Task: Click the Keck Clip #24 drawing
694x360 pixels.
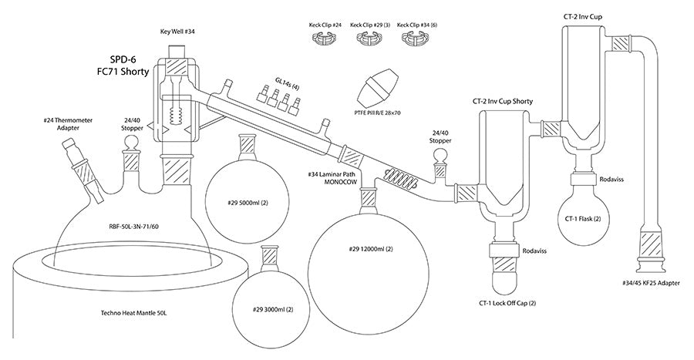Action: pos(325,39)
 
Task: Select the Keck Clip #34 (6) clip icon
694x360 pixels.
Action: pos(413,39)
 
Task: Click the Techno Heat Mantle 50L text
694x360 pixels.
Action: pos(133,313)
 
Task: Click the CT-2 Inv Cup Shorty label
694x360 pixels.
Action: pos(503,101)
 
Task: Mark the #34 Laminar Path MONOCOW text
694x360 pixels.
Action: pos(338,178)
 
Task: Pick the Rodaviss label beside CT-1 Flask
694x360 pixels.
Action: pos(611,180)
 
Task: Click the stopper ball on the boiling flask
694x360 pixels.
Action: pos(130,143)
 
